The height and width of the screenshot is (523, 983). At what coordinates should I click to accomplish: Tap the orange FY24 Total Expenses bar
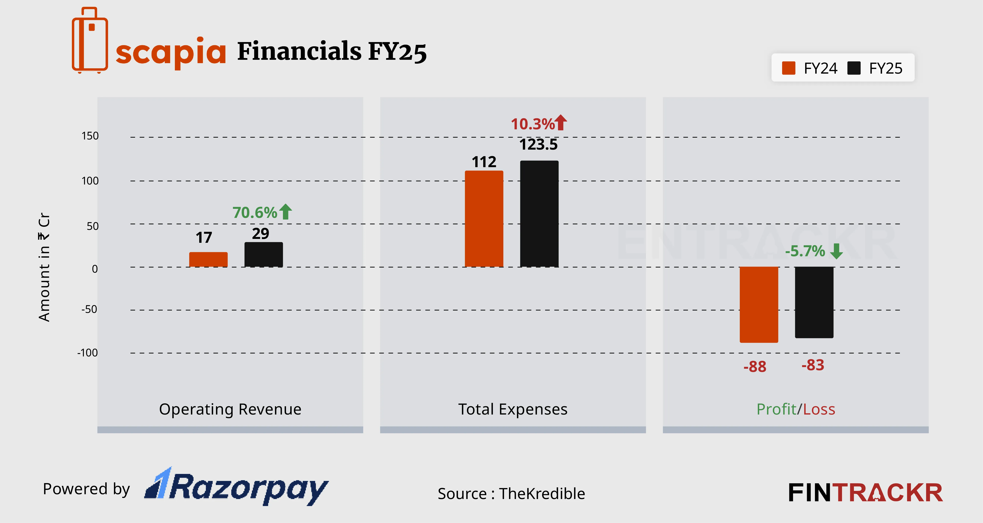coord(484,219)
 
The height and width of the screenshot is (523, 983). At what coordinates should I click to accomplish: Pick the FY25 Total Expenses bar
coord(539,214)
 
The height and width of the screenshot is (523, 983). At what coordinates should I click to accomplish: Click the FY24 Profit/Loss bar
coord(759,304)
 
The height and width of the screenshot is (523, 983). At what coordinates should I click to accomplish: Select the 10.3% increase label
coord(533,124)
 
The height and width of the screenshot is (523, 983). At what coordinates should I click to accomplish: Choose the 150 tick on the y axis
coord(90,136)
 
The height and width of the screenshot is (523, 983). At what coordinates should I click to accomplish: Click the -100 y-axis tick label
coord(88,353)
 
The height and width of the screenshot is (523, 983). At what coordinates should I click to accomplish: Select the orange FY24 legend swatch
coord(788,68)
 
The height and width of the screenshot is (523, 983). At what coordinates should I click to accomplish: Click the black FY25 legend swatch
coord(854,68)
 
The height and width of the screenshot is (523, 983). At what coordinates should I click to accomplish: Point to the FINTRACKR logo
coord(865,493)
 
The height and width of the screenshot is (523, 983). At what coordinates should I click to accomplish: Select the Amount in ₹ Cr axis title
coord(44,267)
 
